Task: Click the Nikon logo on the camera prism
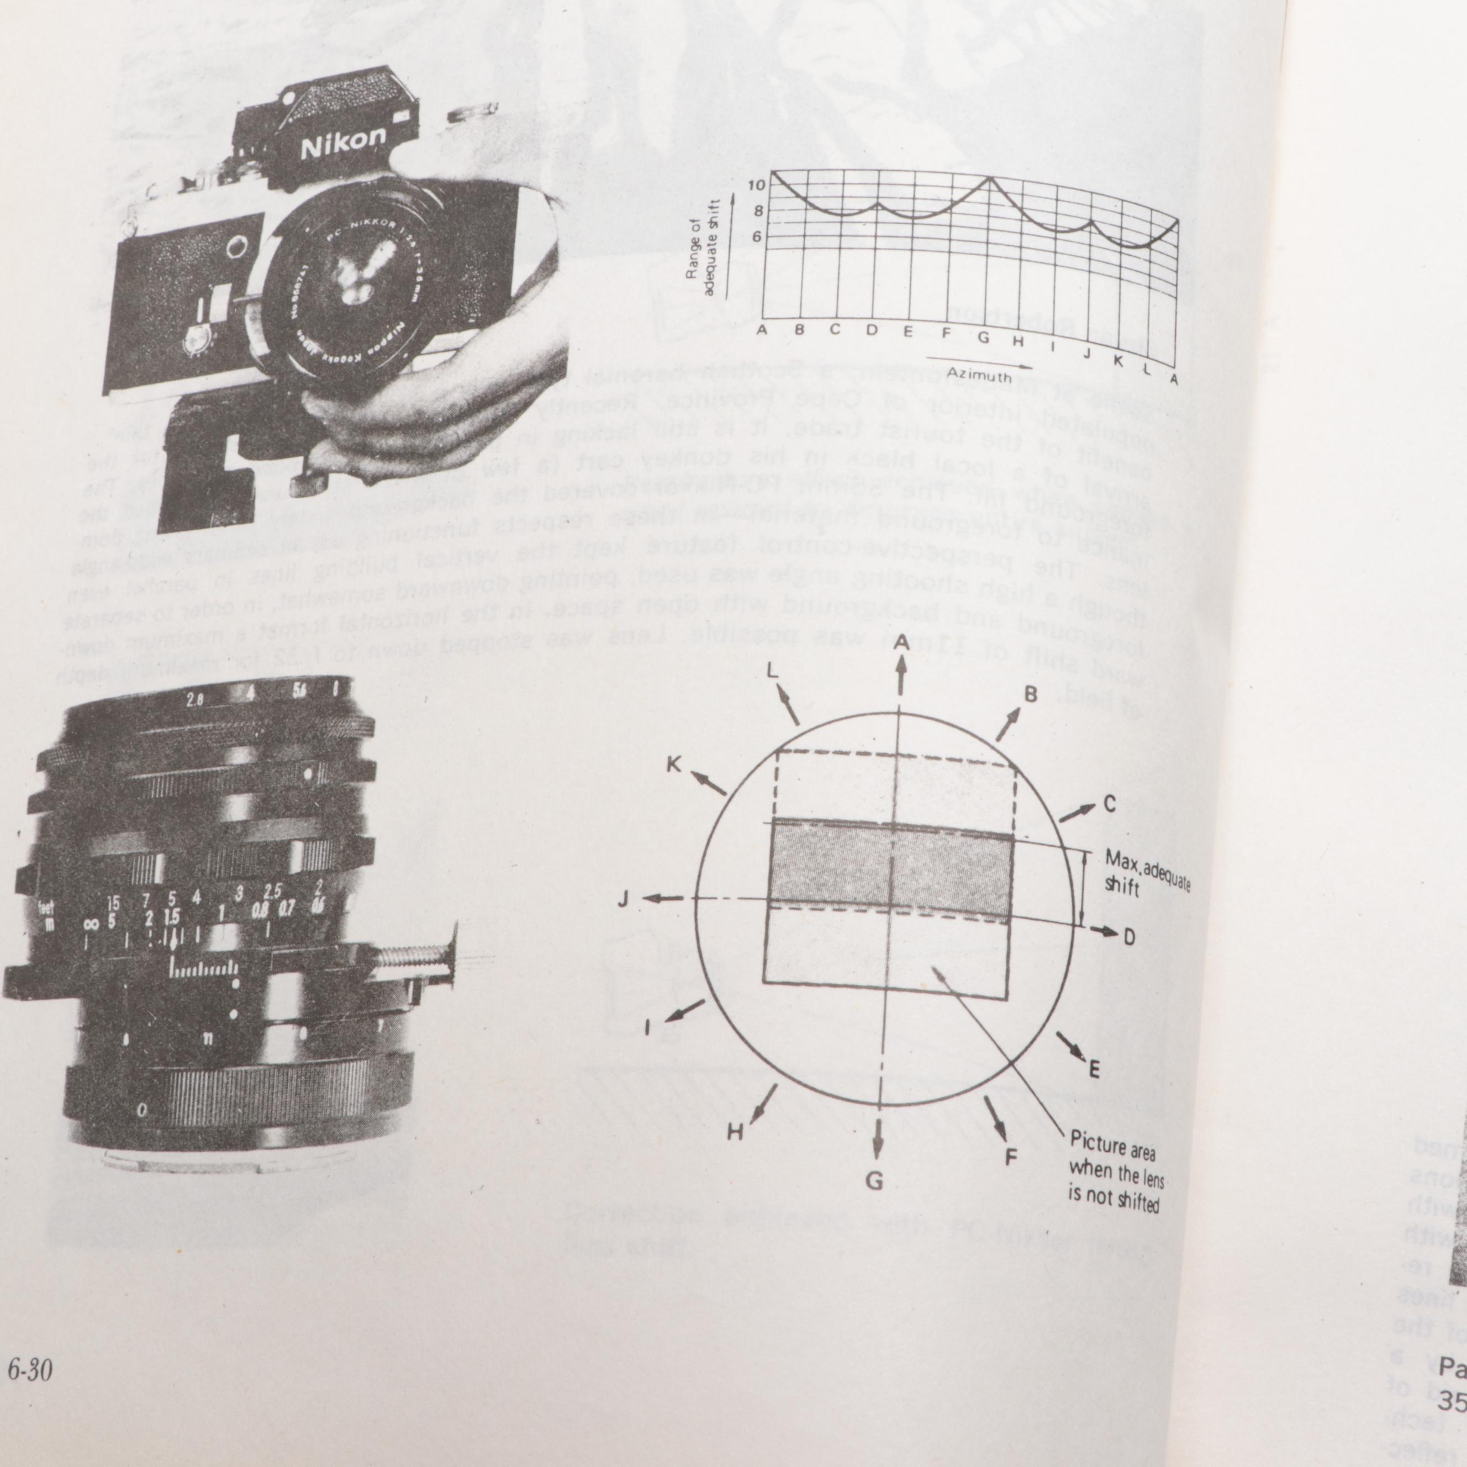(x=343, y=143)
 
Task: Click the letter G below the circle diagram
(x=875, y=1181)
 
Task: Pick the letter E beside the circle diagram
(x=1094, y=1070)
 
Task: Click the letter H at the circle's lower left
(x=734, y=1133)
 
